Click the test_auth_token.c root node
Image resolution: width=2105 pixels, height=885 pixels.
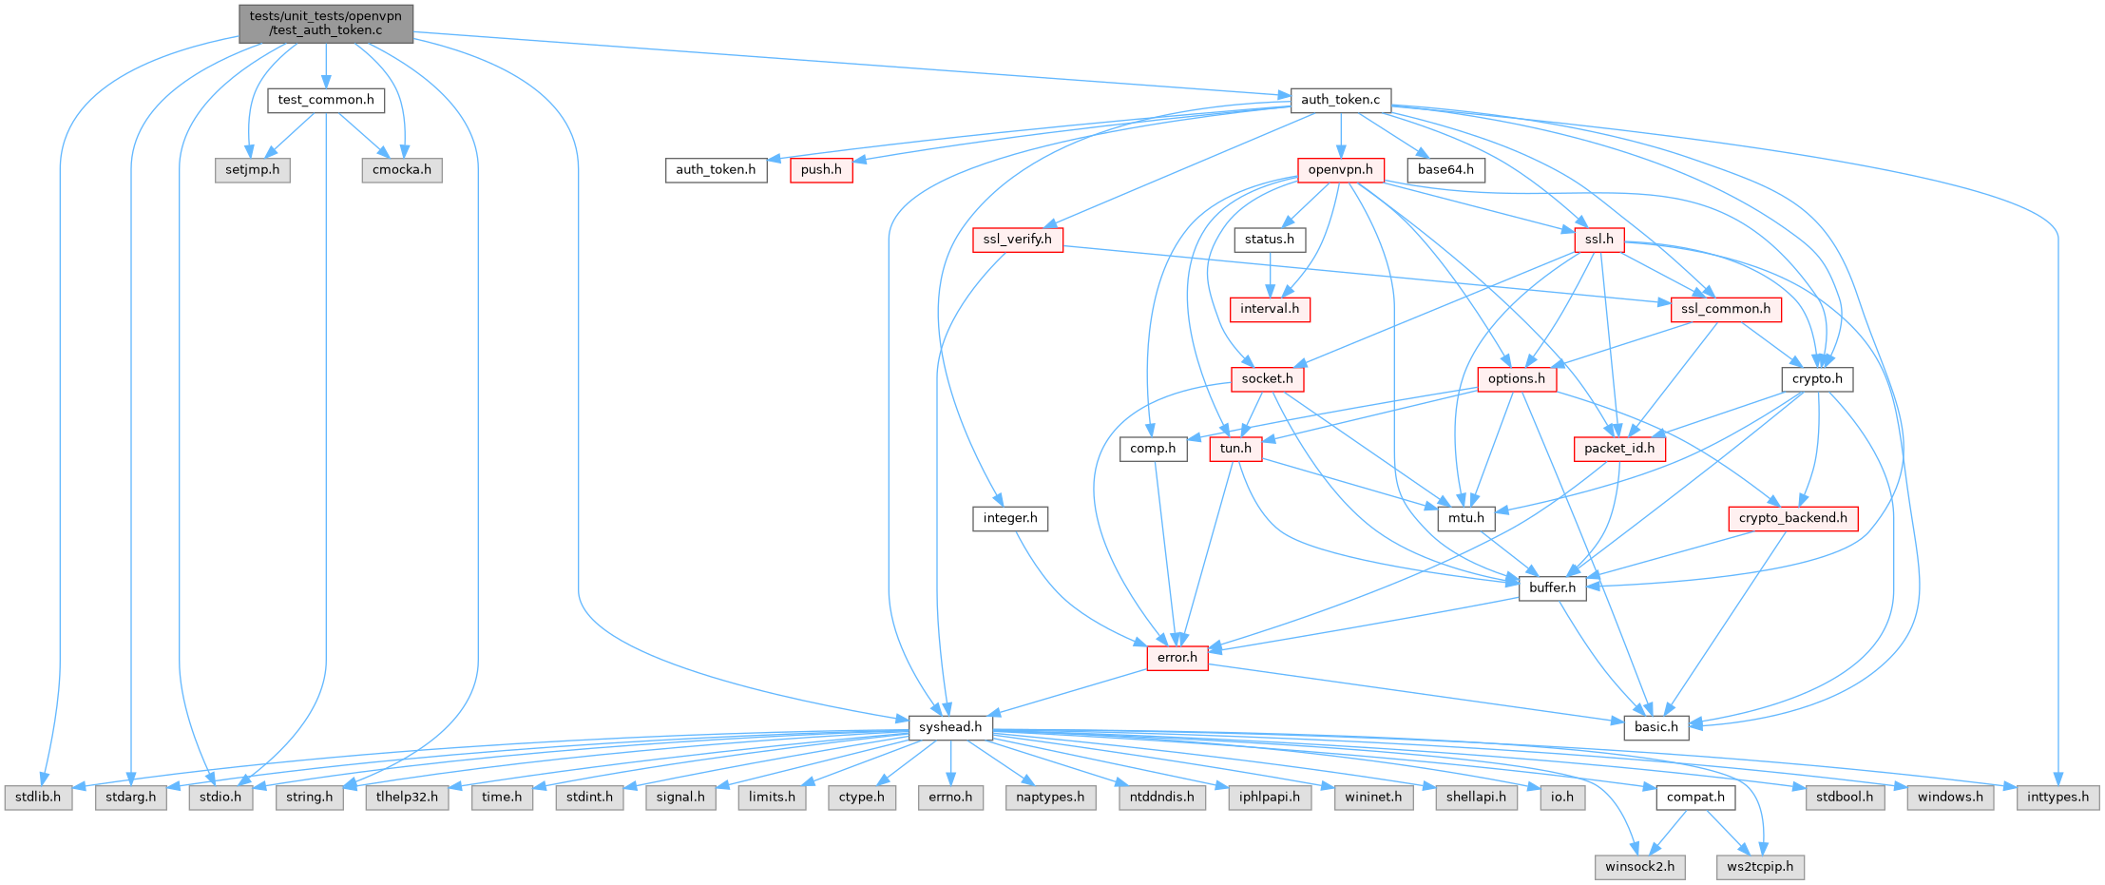coord(326,23)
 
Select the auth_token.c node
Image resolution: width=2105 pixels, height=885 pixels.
coord(1340,100)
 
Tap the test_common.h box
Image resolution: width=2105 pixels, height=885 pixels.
coord(326,100)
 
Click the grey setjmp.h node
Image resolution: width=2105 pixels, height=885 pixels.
coord(253,170)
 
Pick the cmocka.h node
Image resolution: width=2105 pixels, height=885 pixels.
coord(402,170)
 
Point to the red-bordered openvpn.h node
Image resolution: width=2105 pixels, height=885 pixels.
coord(1340,170)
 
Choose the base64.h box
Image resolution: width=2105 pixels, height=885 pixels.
coord(1445,170)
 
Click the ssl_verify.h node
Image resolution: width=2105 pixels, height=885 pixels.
coord(1017,240)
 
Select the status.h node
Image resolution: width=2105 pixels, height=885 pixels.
coord(1270,240)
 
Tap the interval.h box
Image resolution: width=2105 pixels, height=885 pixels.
coord(1270,309)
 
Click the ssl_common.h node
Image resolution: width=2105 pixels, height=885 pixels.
coord(1725,309)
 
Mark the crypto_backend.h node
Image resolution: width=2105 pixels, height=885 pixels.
coord(1792,518)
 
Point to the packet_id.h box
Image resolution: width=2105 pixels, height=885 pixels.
coord(1619,449)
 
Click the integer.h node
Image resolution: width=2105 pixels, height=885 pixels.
coord(1010,518)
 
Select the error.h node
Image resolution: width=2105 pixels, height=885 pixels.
coord(1177,658)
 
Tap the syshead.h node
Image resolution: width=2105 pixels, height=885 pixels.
coord(950,727)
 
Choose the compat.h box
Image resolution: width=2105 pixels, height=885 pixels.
coord(1695,798)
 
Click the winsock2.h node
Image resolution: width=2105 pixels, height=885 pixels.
coord(1639,867)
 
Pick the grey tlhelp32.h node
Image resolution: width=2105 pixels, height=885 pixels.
coord(407,798)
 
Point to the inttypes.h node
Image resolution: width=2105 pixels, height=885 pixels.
coord(2057,798)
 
